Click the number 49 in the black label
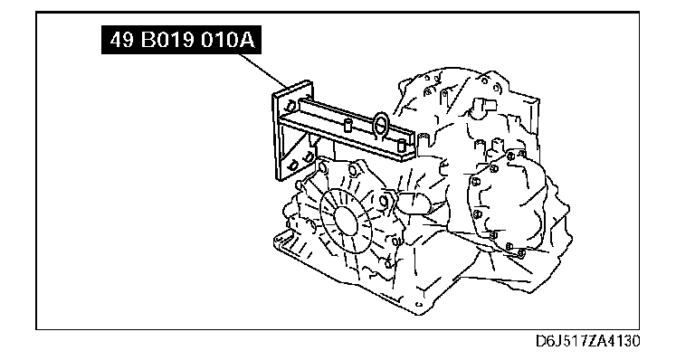click(x=121, y=41)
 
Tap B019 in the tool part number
click(x=167, y=41)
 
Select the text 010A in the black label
click(x=228, y=41)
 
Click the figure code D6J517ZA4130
click(x=587, y=341)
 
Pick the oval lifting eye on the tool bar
click(x=381, y=124)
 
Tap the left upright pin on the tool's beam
click(x=348, y=126)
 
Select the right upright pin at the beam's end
click(x=402, y=146)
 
